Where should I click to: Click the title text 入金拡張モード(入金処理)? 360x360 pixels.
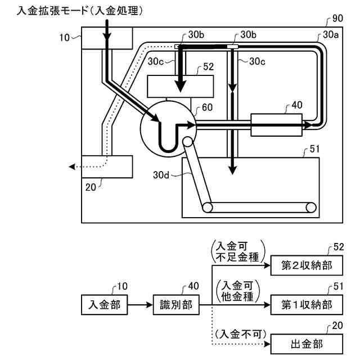tap(80, 10)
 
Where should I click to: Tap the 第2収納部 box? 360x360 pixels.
tap(307, 264)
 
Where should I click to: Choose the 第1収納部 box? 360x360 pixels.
tap(307, 305)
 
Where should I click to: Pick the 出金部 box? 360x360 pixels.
tap(307, 343)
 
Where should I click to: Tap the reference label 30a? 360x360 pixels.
tap(332, 35)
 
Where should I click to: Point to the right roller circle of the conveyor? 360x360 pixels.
tap(310, 208)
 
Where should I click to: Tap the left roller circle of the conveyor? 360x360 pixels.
tap(209, 208)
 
